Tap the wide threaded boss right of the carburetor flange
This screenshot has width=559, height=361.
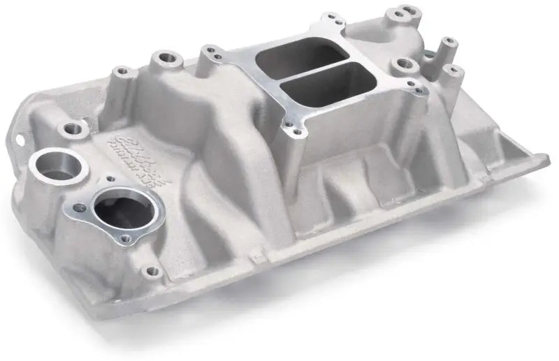tap(403, 66)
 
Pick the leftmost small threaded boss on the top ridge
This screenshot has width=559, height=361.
tap(123, 71)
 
